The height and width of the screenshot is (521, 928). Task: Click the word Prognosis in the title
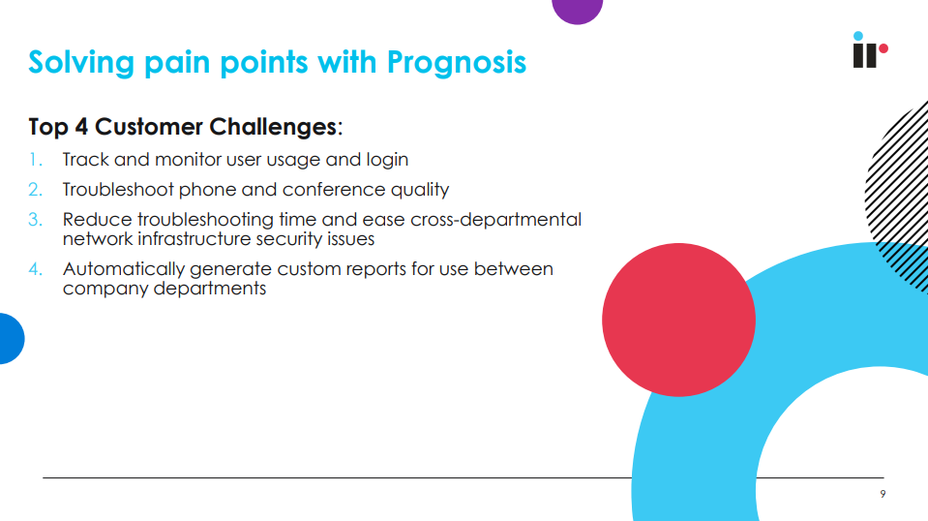[457, 63]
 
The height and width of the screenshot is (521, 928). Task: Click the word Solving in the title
[81, 63]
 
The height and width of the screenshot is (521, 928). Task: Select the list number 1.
[35, 160]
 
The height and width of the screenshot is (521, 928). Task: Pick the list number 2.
[36, 190]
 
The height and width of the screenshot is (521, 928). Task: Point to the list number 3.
[36, 220]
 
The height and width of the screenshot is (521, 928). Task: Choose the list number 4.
[36, 269]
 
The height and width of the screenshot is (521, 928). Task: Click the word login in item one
[387, 161]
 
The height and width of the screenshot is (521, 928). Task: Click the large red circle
[678, 320]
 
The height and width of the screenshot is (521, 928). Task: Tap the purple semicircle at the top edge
[577, 11]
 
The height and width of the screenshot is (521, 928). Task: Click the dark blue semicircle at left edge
[11, 339]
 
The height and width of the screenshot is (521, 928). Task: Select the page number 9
[883, 494]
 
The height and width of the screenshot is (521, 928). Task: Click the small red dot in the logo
[883, 48]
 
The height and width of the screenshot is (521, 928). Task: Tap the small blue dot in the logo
[858, 36]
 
